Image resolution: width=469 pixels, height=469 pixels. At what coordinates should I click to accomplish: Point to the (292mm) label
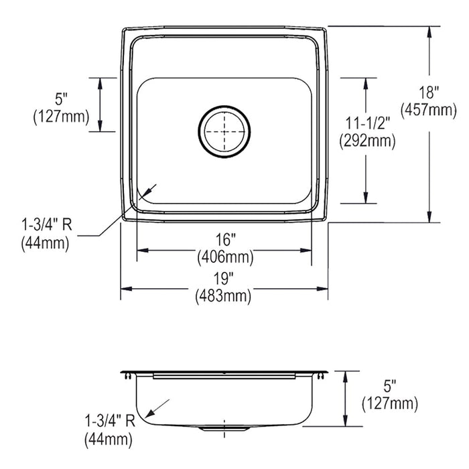(x=366, y=141)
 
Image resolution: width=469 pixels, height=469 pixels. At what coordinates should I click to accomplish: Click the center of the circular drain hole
(x=225, y=131)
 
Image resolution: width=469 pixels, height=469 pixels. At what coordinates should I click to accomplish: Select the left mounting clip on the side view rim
(x=125, y=377)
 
